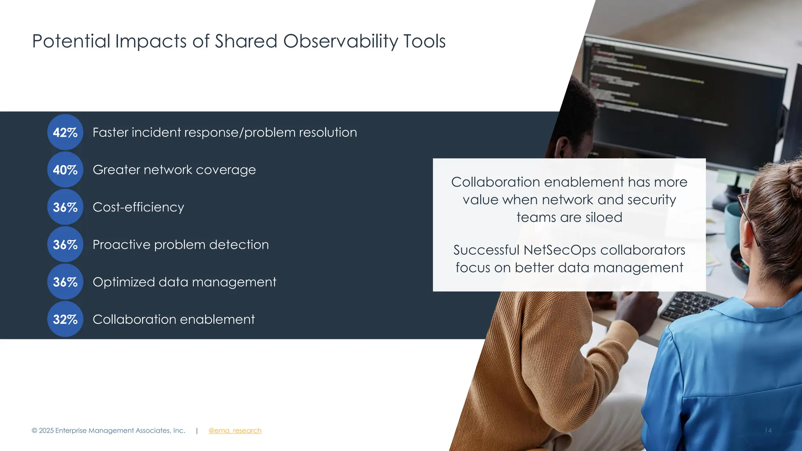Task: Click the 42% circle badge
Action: (65, 132)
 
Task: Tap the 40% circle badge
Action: (65, 170)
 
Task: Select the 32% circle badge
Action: (65, 319)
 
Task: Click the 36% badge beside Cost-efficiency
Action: (65, 207)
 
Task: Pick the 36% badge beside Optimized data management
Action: (65, 282)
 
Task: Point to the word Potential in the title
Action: (71, 41)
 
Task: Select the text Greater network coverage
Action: (174, 170)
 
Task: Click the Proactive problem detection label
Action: (181, 245)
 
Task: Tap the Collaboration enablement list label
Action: (173, 319)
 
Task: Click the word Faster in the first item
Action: (110, 132)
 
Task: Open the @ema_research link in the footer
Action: (235, 431)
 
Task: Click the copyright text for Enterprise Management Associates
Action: (108, 431)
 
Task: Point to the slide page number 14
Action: (768, 431)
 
